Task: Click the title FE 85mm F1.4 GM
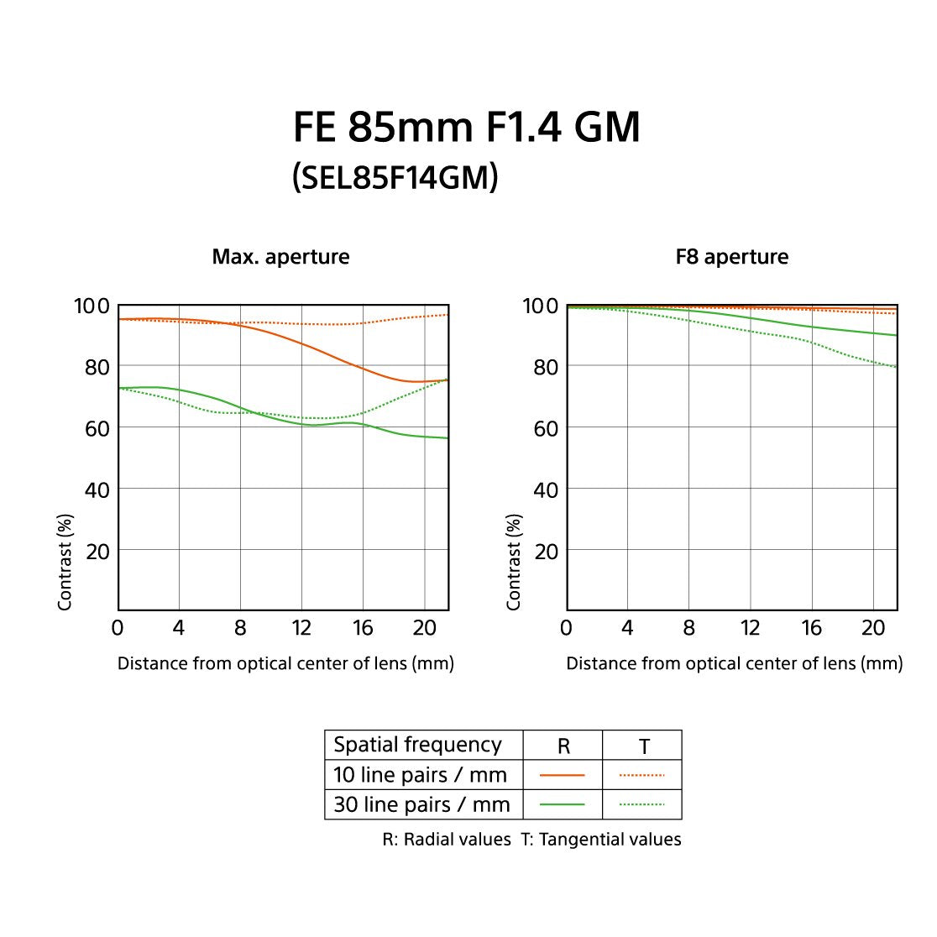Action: (x=467, y=127)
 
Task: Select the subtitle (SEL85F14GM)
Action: (x=395, y=177)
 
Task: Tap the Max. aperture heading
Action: (x=280, y=256)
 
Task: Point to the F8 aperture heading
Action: (x=732, y=256)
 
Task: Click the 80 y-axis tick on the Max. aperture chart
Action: (x=97, y=367)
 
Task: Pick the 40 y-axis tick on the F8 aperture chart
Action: (x=546, y=489)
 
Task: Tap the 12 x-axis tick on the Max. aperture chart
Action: (x=301, y=628)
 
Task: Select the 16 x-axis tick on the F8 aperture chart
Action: (x=811, y=628)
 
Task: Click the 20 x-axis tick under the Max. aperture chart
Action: (x=425, y=628)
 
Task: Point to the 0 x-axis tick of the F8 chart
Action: (x=566, y=628)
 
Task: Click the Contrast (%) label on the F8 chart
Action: (x=514, y=562)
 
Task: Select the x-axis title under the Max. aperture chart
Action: (x=285, y=663)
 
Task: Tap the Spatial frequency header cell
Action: (x=417, y=745)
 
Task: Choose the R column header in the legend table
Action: (x=563, y=746)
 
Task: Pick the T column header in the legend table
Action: (x=643, y=746)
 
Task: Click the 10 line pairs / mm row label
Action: (x=420, y=774)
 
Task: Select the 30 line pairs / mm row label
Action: (x=421, y=804)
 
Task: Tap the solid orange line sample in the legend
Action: (x=563, y=775)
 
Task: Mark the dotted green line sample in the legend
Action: (x=641, y=804)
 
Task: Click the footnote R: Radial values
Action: (x=447, y=840)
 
